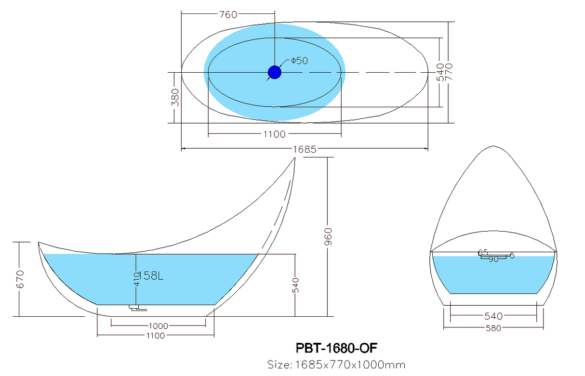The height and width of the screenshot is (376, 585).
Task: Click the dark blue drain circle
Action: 274,72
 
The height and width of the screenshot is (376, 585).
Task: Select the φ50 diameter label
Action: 299,61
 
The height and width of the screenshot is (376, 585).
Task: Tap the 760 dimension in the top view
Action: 228,14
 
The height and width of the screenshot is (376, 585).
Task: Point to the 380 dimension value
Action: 175,97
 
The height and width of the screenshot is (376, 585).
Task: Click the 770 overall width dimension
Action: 451,72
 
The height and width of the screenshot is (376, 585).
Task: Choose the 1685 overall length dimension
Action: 304,149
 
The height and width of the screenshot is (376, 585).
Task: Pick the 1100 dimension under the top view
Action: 274,134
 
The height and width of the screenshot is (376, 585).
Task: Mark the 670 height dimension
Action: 20,278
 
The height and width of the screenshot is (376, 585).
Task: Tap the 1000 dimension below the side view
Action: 158,326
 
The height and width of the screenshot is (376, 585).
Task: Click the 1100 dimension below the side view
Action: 155,336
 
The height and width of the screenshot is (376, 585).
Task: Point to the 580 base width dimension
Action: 493,328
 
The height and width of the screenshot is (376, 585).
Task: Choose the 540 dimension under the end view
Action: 493,316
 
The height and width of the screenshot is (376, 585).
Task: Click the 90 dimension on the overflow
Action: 493,259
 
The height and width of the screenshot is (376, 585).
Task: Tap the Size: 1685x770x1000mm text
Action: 336,364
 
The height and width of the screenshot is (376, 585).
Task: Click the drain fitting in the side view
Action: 137,308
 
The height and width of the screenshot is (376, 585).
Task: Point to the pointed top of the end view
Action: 492,147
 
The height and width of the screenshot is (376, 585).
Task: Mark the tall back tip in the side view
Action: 294,159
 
